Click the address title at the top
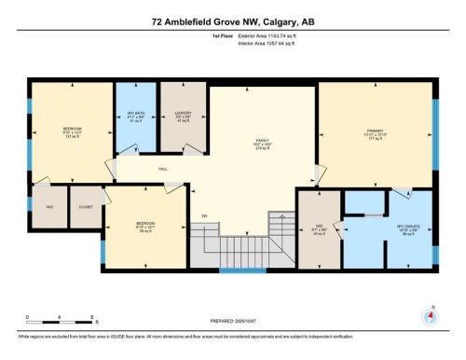232,21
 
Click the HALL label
163,169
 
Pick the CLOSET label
85,207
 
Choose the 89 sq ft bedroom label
144,227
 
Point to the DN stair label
204,217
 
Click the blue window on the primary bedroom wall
435,130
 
